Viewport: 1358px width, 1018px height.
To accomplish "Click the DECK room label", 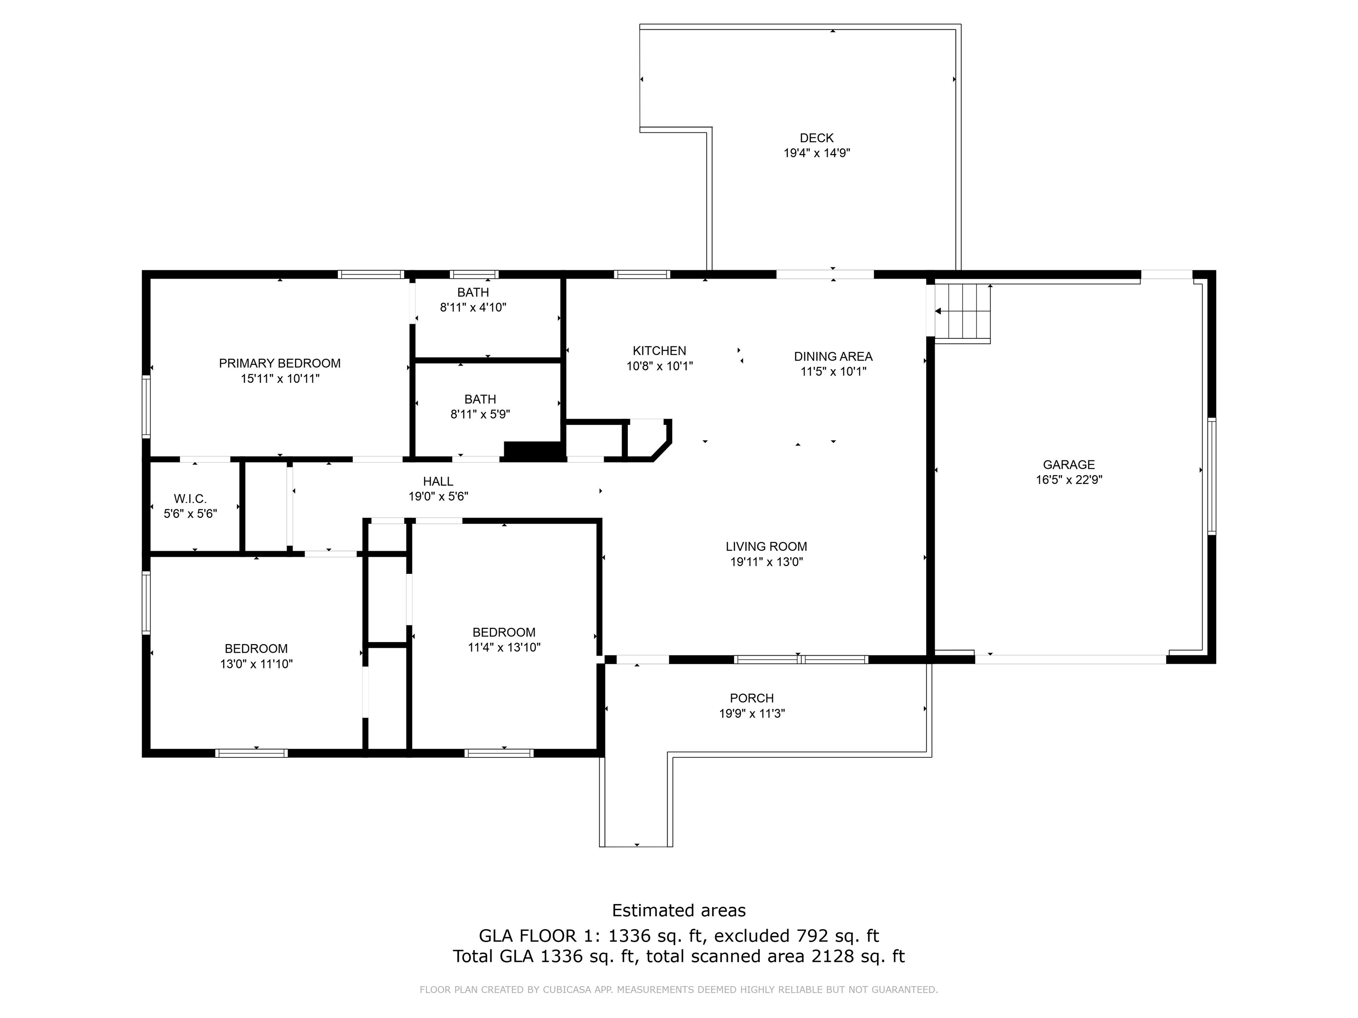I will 816,138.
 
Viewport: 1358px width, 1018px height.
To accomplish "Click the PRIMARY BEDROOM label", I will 279,363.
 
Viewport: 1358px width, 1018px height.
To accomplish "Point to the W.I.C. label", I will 191,499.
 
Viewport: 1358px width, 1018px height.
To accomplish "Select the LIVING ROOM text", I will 766,547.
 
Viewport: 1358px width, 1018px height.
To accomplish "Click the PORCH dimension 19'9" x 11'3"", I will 751,714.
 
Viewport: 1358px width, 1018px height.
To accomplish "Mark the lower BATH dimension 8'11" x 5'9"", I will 480,414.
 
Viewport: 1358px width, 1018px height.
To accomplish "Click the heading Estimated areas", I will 679,910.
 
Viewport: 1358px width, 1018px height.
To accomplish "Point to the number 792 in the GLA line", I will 812,936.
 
